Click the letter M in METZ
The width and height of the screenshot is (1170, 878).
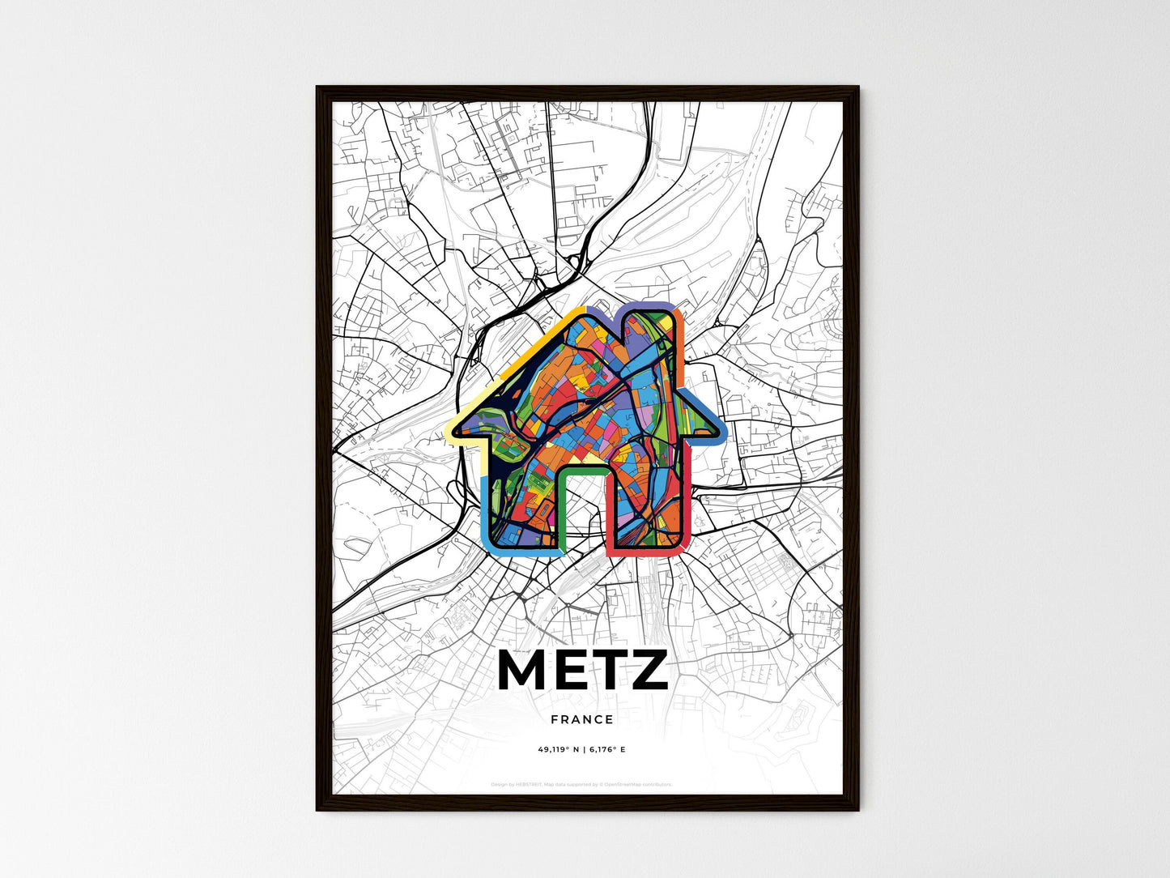(x=524, y=670)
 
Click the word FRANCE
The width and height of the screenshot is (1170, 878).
(x=582, y=719)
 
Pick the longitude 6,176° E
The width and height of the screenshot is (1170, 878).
(x=606, y=750)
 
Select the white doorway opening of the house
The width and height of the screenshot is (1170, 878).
(x=583, y=510)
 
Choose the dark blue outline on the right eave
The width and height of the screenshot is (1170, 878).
(x=713, y=417)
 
